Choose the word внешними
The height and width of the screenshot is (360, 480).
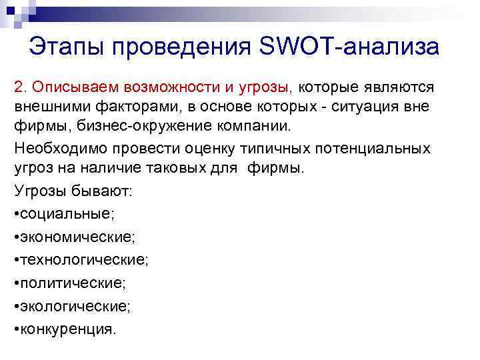(46, 107)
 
